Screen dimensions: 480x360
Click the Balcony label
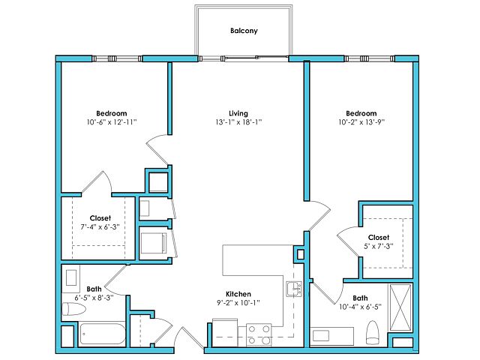pyautogui.click(x=244, y=31)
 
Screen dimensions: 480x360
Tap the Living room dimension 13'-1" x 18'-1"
pyautogui.click(x=238, y=122)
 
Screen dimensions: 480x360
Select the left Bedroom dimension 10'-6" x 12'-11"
pyautogui.click(x=112, y=122)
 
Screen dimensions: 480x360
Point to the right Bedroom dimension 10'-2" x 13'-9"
pyautogui.click(x=361, y=122)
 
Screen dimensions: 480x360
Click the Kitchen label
pyautogui.click(x=238, y=294)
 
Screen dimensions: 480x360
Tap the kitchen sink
pyautogui.click(x=294, y=289)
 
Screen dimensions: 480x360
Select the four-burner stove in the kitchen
pyautogui.click(x=259, y=335)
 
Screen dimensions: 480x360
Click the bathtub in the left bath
pyautogui.click(x=103, y=334)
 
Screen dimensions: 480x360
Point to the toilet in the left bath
pyautogui.click(x=73, y=309)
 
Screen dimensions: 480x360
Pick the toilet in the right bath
pyautogui.click(x=373, y=333)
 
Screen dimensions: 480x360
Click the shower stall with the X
pyautogui.click(x=400, y=307)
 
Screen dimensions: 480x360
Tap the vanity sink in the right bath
pyautogui.click(x=321, y=336)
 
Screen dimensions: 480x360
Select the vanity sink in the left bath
pyautogui.click(x=71, y=277)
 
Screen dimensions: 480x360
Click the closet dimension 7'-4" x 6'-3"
pyautogui.click(x=100, y=227)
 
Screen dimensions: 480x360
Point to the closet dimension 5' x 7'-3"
pyautogui.click(x=379, y=247)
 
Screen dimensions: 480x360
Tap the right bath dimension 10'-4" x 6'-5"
pyautogui.click(x=360, y=307)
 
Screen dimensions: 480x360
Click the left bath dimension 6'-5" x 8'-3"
pyautogui.click(x=94, y=298)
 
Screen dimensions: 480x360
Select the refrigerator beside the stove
pyautogui.click(x=225, y=333)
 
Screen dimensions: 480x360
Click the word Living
pyautogui.click(x=238, y=113)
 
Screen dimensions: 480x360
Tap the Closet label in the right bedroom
pyautogui.click(x=379, y=238)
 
